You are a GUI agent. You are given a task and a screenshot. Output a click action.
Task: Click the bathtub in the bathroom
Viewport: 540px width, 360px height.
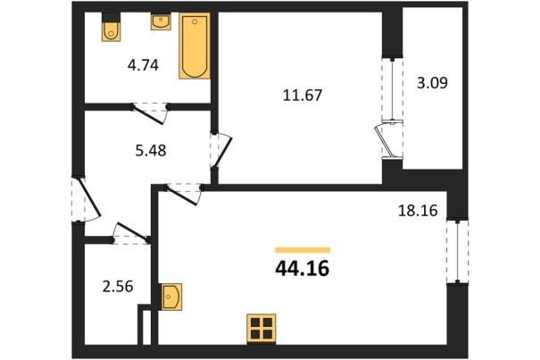point(195,46)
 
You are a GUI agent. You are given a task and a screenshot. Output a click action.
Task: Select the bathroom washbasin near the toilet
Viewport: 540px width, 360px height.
point(161,21)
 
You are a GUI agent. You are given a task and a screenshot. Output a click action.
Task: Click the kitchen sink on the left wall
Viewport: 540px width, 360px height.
point(172,297)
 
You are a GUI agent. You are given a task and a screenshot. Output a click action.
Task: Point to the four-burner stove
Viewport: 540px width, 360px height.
point(262,329)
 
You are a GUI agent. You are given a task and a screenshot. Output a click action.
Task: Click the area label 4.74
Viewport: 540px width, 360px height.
point(143,65)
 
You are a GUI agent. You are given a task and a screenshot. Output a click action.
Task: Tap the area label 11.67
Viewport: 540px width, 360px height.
point(303,95)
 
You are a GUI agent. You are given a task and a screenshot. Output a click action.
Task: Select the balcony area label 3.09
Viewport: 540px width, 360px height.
point(433,83)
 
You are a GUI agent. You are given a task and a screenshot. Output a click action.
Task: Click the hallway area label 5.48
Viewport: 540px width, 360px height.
point(151,150)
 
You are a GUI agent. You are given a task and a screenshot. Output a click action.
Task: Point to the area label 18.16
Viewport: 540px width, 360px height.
point(418,210)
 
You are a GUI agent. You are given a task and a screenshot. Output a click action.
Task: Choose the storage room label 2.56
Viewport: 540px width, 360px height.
point(118,287)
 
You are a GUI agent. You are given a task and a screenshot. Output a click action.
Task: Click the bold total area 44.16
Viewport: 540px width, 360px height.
point(303,269)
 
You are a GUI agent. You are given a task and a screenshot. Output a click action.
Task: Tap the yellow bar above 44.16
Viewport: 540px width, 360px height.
point(303,250)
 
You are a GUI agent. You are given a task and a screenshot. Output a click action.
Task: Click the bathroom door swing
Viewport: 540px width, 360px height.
point(150,113)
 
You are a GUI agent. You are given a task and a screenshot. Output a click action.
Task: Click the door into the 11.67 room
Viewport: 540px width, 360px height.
point(221,150)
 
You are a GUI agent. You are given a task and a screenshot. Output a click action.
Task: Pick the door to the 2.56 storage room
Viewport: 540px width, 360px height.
point(130,233)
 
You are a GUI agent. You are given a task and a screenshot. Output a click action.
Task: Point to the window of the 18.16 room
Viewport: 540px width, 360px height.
point(458,252)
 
